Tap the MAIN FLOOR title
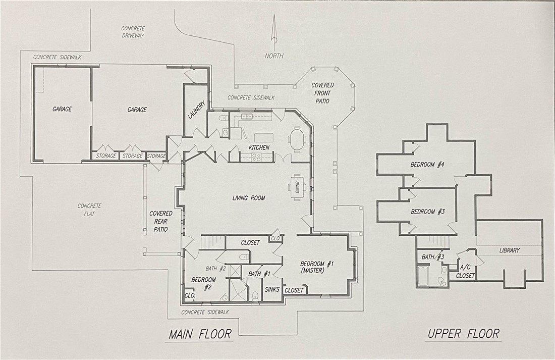pyautogui.click(x=200, y=334)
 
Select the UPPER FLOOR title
pyautogui.click(x=463, y=333)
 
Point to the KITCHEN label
pyautogui.click(x=259, y=147)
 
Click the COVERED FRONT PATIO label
pyautogui.click(x=322, y=93)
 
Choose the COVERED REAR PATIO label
pyautogui.click(x=160, y=221)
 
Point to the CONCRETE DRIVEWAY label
pyautogui.click(x=133, y=32)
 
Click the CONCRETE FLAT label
pyautogui.click(x=89, y=209)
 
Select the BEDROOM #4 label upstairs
pyautogui.click(x=427, y=165)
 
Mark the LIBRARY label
pyautogui.click(x=509, y=250)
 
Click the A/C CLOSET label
pyautogui.click(x=465, y=272)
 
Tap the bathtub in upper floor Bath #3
pyautogui.click(x=423, y=276)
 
